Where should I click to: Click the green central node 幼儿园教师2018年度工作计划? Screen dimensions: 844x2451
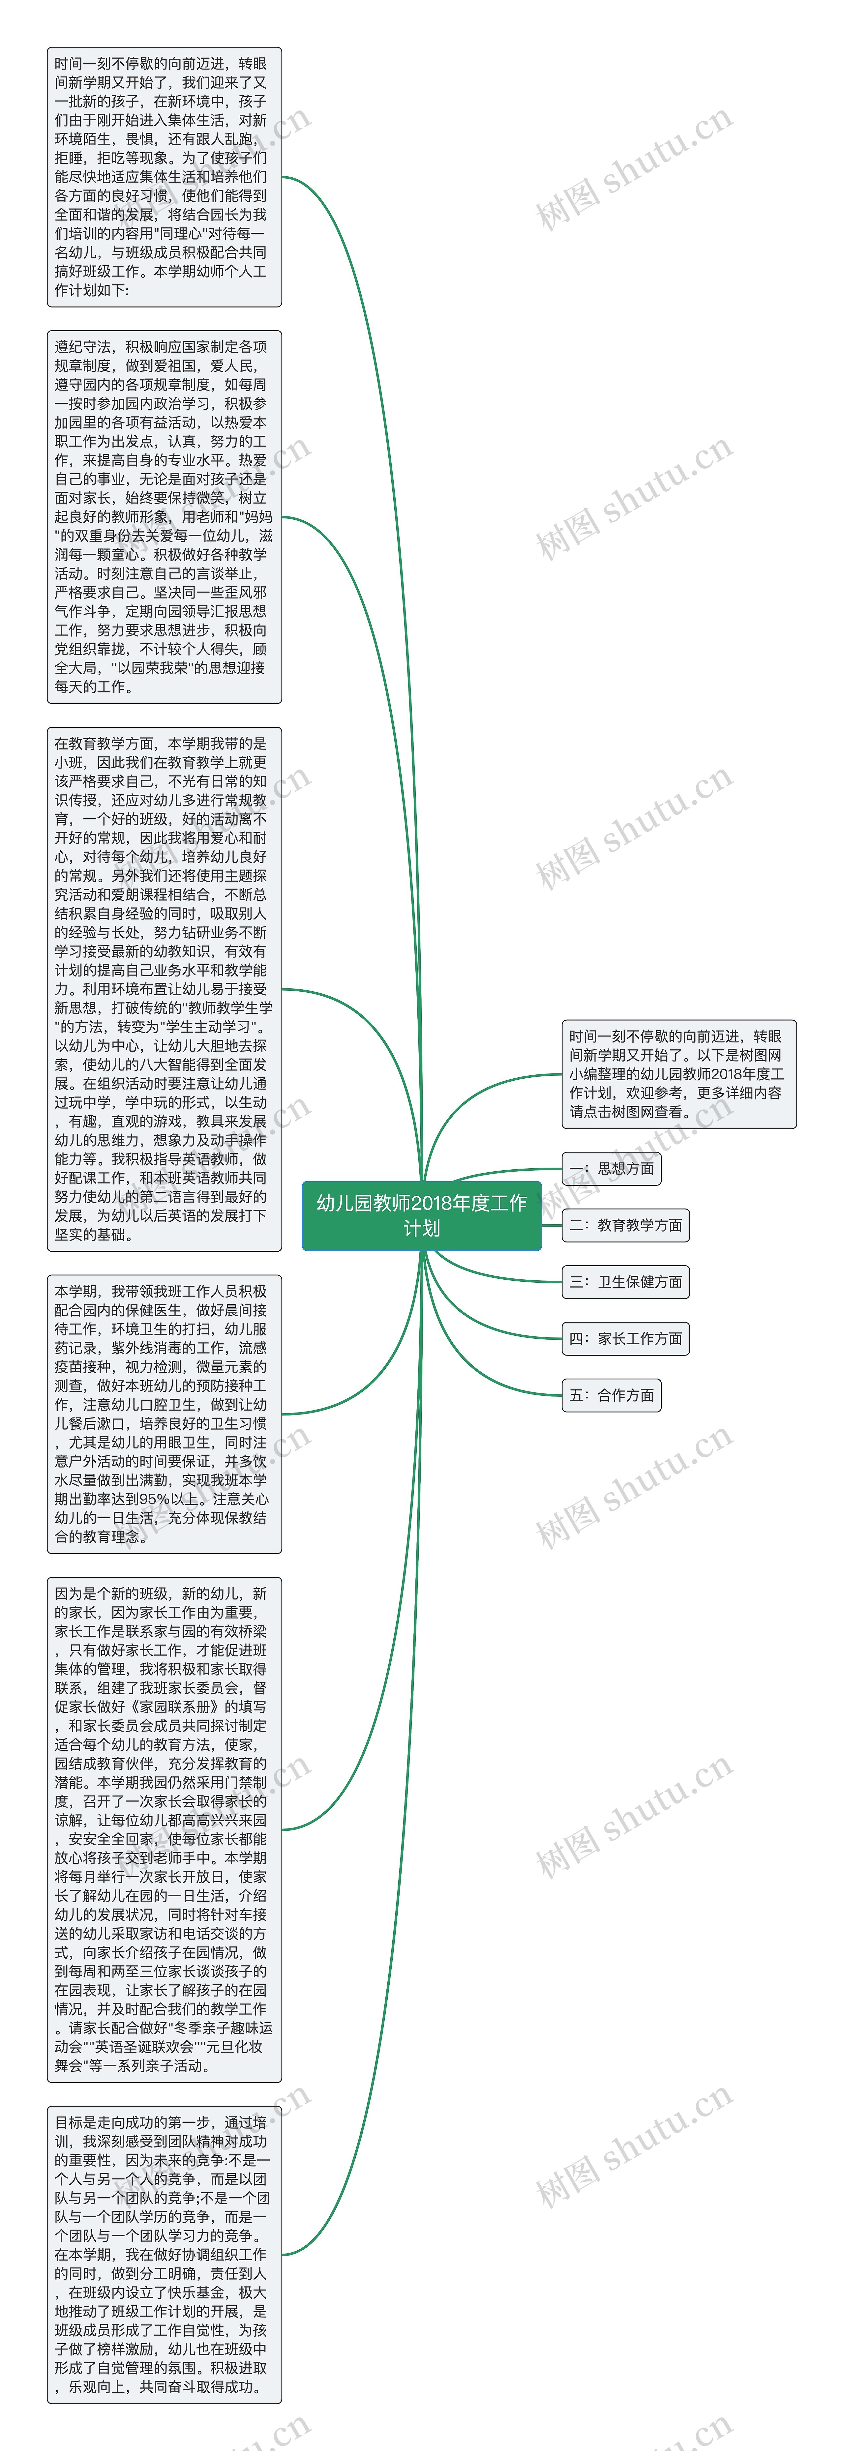click(422, 1215)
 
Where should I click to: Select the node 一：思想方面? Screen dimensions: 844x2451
click(611, 1168)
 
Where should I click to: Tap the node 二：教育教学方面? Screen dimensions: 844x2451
click(625, 1225)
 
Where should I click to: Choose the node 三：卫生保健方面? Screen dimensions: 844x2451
click(625, 1282)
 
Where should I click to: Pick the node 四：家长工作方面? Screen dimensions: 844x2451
click(625, 1339)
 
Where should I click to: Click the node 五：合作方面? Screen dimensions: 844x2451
click(611, 1395)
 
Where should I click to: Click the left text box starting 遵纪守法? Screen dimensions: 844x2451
click(164, 517)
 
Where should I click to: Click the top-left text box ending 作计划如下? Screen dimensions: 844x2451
click(164, 177)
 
